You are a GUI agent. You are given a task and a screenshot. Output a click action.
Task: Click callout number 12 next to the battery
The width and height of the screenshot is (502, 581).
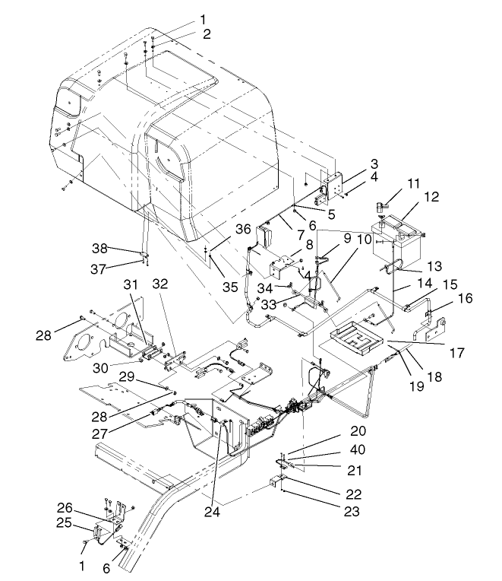(x=431, y=196)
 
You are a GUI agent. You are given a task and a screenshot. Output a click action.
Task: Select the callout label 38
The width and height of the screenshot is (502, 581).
(x=100, y=248)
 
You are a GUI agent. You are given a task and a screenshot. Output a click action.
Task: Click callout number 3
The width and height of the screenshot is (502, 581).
(x=352, y=164)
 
